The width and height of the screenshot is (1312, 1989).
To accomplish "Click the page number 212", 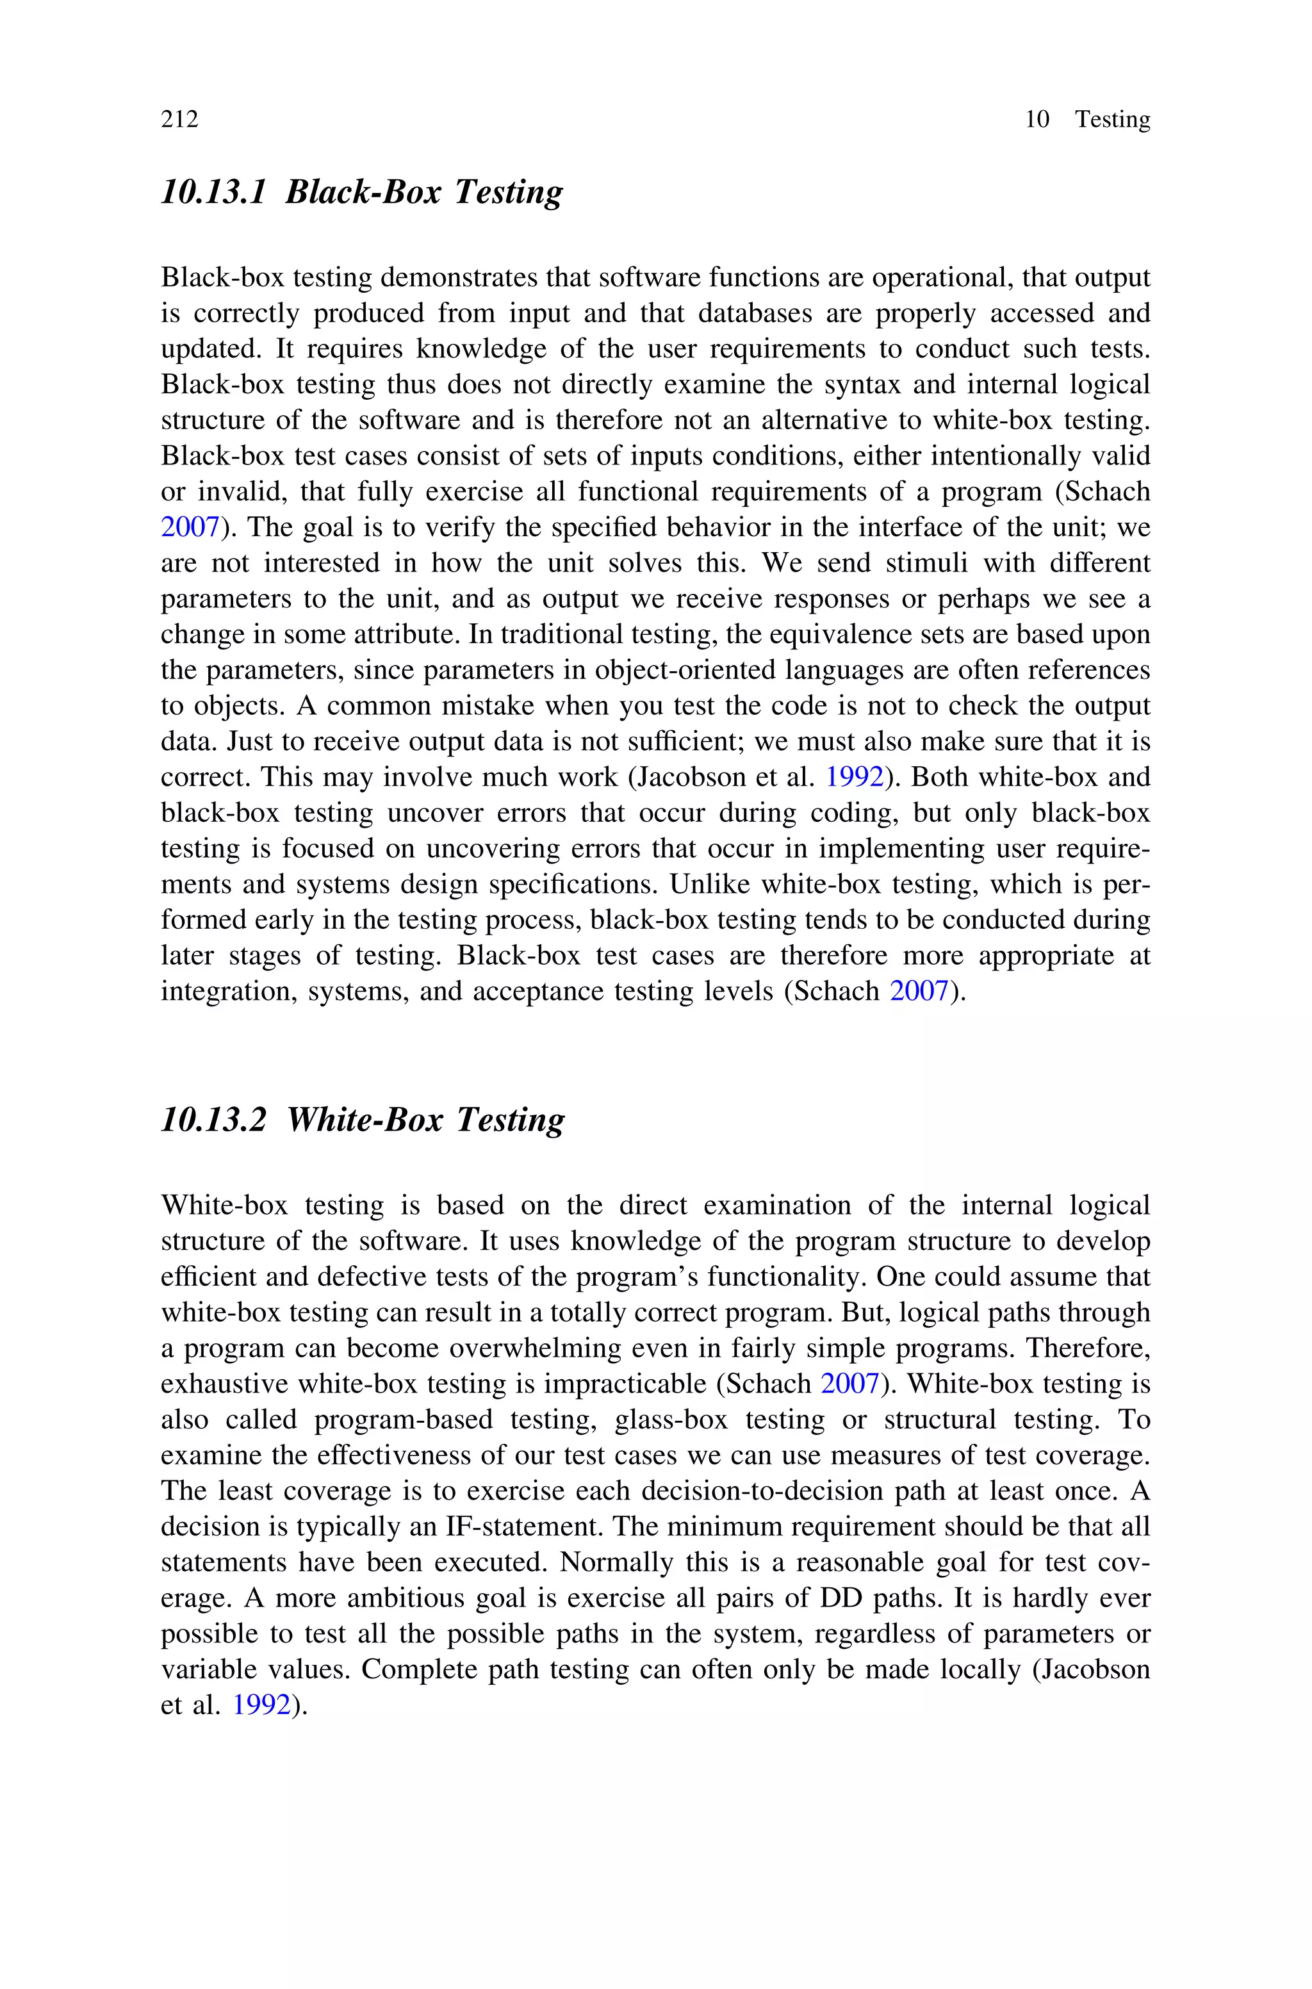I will point(180,120).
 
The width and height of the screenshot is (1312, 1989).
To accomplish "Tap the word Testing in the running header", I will point(1112,120).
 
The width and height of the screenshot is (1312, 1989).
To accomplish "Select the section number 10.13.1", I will point(213,192).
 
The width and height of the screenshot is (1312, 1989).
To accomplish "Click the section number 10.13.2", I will point(213,1120).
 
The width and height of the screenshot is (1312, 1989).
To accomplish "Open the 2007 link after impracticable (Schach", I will point(849,1384).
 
